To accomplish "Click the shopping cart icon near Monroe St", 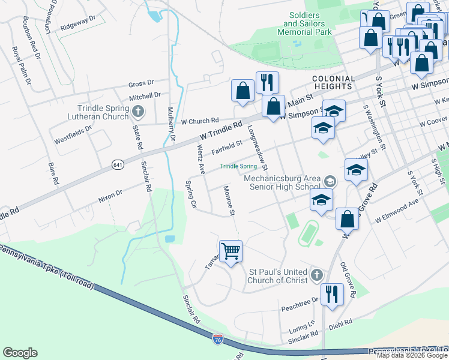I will tap(231, 250).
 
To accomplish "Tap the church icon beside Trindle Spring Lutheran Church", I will tap(138, 111).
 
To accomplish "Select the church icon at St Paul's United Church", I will tap(317, 275).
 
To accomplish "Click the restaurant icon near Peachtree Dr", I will tap(330, 293).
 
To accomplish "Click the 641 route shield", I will tap(117, 164).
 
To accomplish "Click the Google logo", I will tap(20, 353).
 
